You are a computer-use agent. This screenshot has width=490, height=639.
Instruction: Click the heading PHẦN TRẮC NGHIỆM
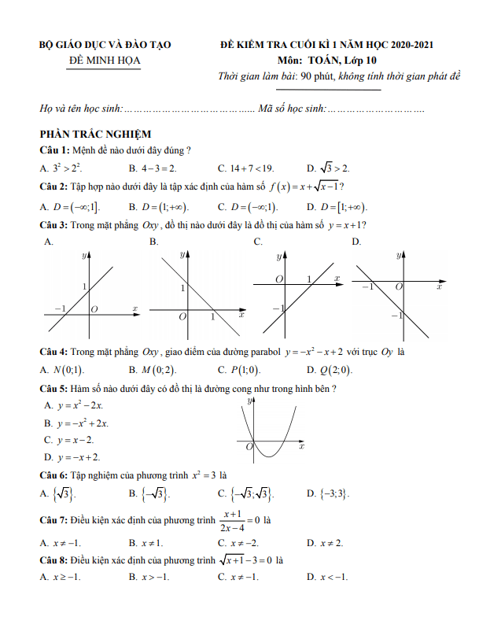95,135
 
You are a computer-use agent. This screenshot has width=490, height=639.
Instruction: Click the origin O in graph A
94,310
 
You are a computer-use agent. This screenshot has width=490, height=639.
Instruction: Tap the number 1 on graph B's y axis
182,288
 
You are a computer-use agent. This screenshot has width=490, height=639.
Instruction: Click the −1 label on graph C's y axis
278,308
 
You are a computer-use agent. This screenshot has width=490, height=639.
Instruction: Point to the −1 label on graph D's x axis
367,287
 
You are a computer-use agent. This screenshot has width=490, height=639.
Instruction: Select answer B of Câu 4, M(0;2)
158,370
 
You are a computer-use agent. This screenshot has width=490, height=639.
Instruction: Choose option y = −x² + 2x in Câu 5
83,423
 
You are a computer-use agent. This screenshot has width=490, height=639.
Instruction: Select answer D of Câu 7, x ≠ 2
331,543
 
